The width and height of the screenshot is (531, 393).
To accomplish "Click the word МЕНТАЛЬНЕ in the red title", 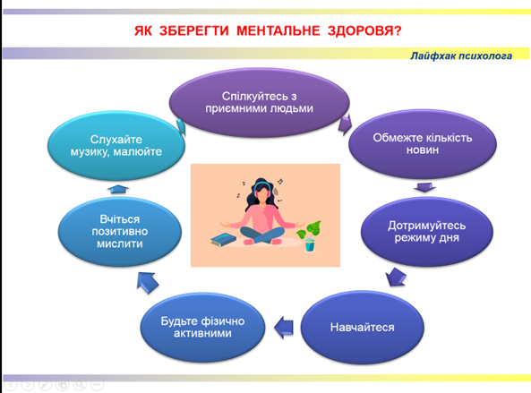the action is click(x=278, y=30).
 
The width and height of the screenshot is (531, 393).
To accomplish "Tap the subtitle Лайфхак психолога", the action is click(x=461, y=56).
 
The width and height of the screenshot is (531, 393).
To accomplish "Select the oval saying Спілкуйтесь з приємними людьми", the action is click(x=259, y=102).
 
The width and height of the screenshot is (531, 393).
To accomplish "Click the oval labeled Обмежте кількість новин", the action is click(x=423, y=143).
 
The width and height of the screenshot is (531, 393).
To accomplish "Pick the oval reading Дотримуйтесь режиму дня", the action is click(x=427, y=232).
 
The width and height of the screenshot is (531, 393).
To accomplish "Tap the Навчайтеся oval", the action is click(x=362, y=327).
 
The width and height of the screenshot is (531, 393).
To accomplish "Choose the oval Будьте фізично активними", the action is click(x=202, y=327).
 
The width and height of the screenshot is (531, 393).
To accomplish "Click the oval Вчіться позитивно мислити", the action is click(x=120, y=232).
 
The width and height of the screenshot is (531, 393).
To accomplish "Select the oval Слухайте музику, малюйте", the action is click(x=116, y=146).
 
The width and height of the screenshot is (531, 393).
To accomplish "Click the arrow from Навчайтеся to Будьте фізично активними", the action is click(x=284, y=328).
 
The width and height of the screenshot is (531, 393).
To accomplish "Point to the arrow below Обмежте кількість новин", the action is click(x=424, y=187).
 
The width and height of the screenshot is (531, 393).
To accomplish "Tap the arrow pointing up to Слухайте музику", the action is click(x=118, y=189).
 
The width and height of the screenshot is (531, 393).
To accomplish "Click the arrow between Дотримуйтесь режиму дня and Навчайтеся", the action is click(x=396, y=278).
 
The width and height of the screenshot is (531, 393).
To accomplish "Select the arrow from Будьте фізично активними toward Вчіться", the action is click(x=148, y=282).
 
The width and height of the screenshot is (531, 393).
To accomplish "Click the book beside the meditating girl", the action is click(x=223, y=239).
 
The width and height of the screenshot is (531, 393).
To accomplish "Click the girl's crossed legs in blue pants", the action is click(x=262, y=235).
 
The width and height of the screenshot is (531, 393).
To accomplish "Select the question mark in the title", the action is click(x=398, y=30).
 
